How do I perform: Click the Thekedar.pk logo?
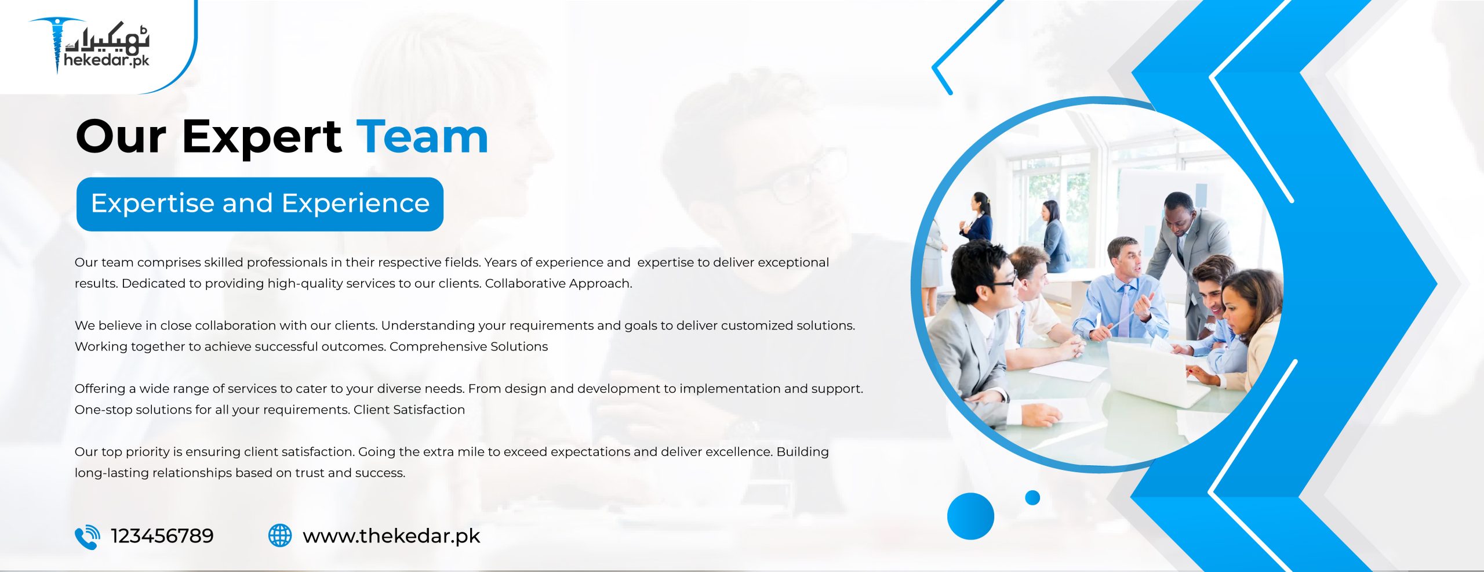pos(90,45)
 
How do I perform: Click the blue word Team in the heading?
pos(422,137)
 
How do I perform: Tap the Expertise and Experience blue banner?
pos(260,204)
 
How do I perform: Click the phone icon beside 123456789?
pos(88,537)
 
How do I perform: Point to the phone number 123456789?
pos(162,536)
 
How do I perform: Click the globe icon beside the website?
pos(280,535)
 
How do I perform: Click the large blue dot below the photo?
pos(970,516)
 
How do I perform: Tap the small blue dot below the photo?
pos(1032,498)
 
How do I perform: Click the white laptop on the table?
pos(1154,371)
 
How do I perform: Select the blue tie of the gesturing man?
pos(1124,310)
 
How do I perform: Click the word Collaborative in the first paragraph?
pos(525,283)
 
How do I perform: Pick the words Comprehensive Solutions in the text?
pos(468,346)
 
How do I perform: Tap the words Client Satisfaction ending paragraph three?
pos(409,410)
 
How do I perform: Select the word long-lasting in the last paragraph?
pos(112,473)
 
